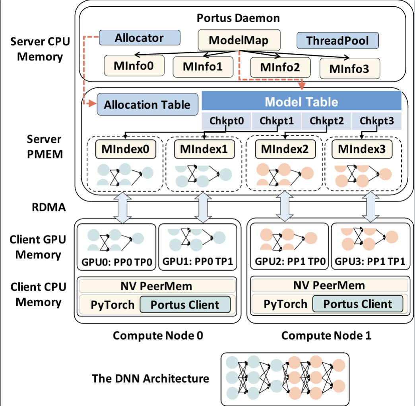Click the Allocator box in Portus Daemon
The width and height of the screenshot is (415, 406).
click(139, 38)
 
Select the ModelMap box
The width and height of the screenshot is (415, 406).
click(239, 41)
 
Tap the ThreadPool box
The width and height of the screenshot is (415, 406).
click(337, 41)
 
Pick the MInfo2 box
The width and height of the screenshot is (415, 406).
click(280, 66)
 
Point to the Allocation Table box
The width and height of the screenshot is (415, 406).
click(147, 105)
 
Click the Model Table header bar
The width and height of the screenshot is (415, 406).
click(301, 101)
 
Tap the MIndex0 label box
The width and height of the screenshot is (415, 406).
click(126, 150)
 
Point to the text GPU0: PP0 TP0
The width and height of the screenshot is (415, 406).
click(116, 262)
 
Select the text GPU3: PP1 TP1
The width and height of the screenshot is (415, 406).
click(370, 262)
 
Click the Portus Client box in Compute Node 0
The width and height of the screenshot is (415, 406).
click(185, 305)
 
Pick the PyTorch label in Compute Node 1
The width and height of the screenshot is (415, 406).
click(286, 304)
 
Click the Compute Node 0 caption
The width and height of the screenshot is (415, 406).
click(158, 336)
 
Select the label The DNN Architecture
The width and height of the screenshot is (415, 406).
click(151, 378)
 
